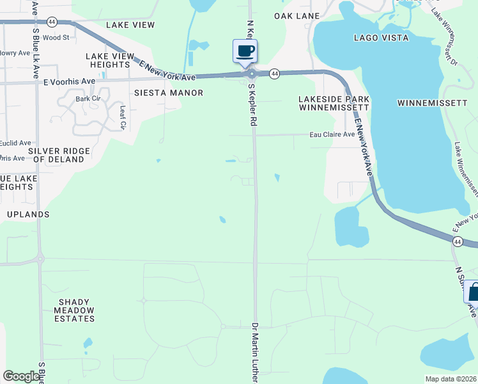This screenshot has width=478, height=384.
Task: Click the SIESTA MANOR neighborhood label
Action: tap(169, 93)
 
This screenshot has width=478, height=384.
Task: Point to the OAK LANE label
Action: tap(297, 15)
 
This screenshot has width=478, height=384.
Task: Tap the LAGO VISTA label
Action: tap(381, 38)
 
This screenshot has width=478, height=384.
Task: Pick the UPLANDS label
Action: tap(27, 214)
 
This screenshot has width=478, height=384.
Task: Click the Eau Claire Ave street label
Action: tap(332, 134)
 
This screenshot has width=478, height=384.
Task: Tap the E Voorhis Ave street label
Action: tap(69, 82)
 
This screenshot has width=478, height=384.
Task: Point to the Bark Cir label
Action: tap(88, 99)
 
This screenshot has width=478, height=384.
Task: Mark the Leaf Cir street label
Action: tap(123, 117)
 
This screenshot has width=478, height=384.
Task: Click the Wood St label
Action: tap(56, 38)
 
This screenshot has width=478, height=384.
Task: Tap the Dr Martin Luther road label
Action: tap(254, 352)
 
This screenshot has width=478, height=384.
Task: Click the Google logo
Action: tap(21, 376)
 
